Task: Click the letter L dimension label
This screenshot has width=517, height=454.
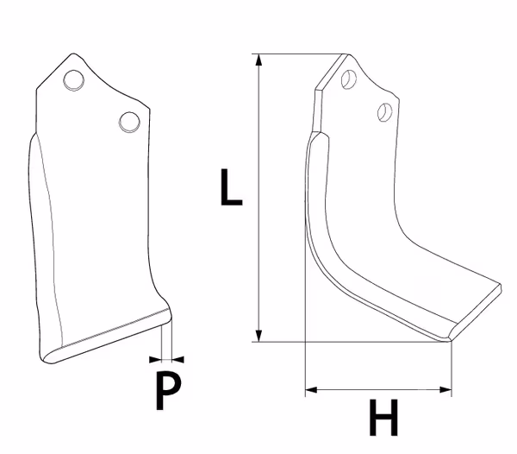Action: (x=231, y=187)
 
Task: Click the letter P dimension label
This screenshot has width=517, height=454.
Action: (x=168, y=391)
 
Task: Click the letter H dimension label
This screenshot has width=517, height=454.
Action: (x=383, y=418)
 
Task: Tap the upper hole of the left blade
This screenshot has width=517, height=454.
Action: (x=73, y=80)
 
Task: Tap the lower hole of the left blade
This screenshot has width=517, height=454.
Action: (x=129, y=123)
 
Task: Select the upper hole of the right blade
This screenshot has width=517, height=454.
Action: (x=348, y=79)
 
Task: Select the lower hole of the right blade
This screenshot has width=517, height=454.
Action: (x=385, y=112)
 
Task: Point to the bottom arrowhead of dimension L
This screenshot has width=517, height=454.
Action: (x=258, y=336)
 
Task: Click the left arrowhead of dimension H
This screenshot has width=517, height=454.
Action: (x=311, y=390)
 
